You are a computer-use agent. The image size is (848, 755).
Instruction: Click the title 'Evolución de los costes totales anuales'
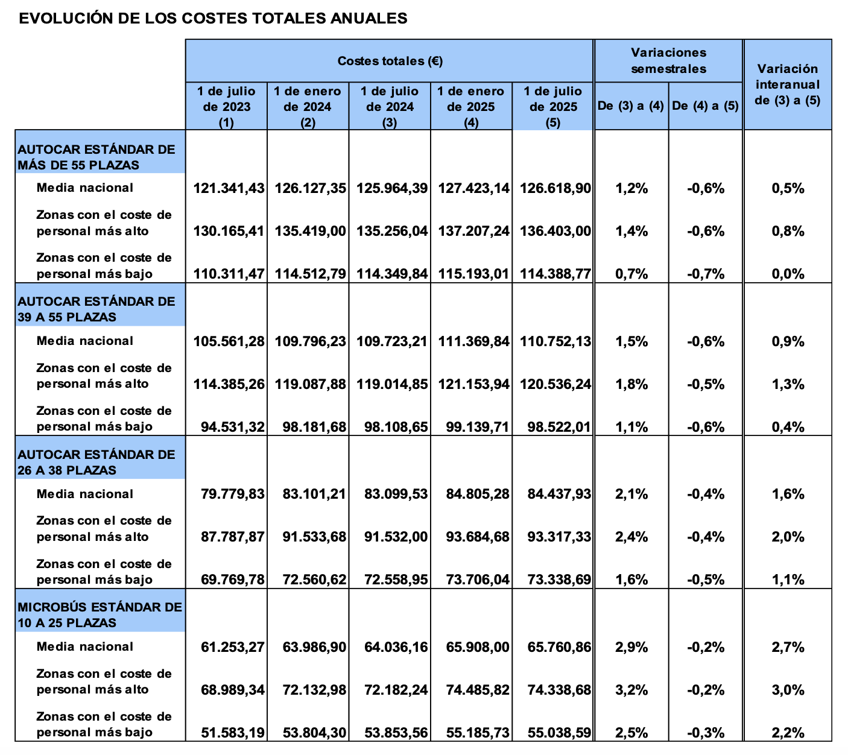213,19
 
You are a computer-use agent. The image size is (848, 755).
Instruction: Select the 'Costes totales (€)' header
390,61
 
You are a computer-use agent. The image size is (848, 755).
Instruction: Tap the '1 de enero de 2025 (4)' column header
471,107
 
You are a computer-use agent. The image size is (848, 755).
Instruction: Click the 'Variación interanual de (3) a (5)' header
788,84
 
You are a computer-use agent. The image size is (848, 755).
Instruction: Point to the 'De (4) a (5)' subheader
705,106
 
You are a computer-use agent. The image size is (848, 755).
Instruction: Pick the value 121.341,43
229,188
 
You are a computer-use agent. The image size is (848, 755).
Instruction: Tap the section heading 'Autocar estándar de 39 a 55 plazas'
97,309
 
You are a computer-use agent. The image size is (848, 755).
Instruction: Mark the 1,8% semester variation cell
631,384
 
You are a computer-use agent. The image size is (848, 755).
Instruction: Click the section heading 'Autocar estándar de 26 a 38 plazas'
97,462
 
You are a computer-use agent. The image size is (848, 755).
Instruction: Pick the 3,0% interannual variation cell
788,690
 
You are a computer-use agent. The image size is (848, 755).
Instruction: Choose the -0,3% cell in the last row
706,733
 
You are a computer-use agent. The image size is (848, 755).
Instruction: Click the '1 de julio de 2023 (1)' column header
227,107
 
